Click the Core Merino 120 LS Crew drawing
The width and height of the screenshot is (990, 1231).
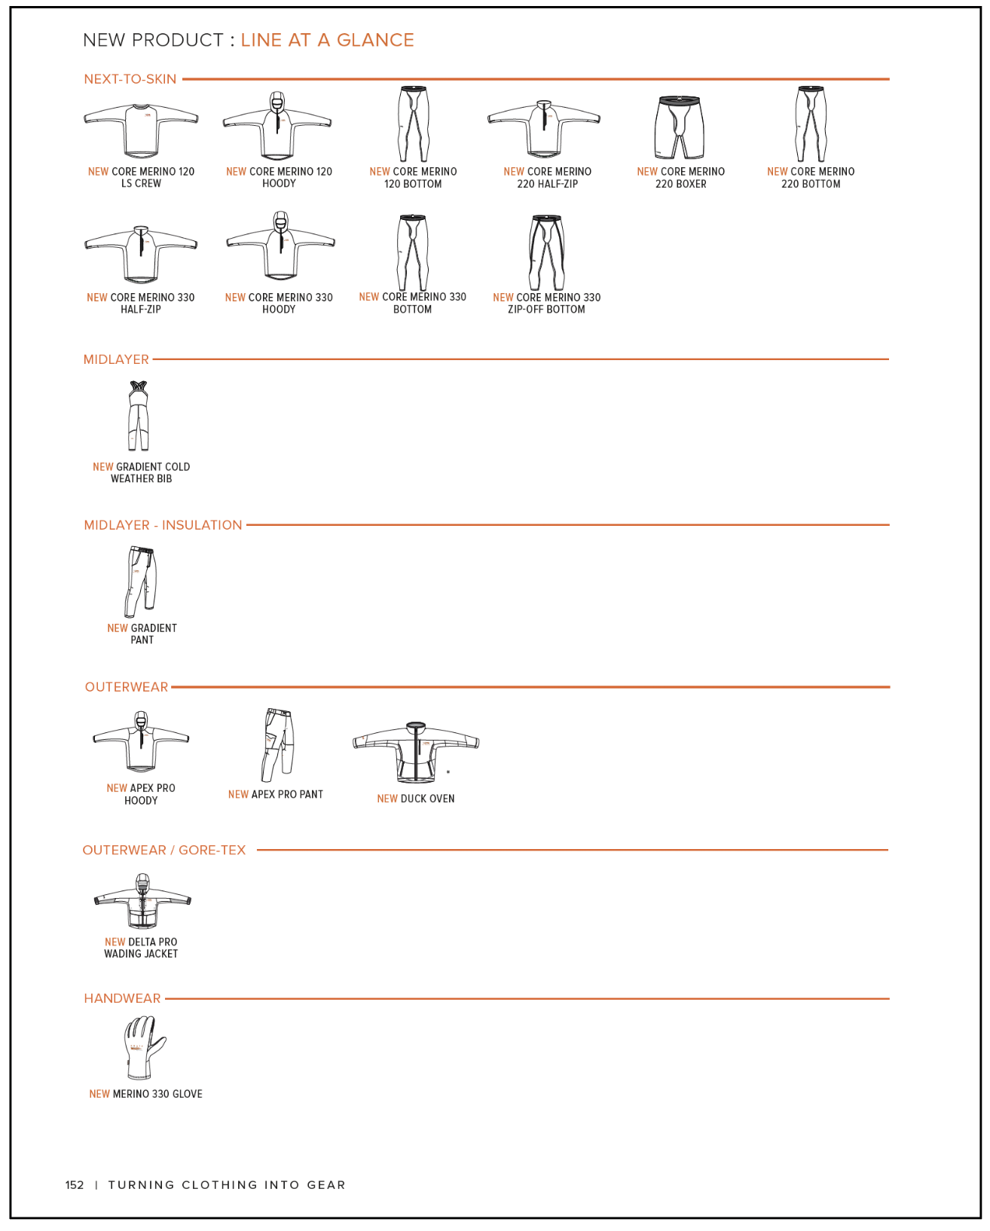(141, 130)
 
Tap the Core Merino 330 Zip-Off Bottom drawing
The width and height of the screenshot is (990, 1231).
(546, 252)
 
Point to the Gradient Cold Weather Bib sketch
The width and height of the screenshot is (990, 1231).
(138, 416)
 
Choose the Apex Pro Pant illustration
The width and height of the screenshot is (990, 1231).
(277, 744)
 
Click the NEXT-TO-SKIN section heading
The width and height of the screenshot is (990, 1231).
(130, 79)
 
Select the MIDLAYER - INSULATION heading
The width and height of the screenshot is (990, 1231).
(163, 525)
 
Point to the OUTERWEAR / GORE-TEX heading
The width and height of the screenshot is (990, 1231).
(164, 850)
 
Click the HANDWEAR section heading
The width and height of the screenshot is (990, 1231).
(122, 998)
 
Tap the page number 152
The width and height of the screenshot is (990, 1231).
(75, 1185)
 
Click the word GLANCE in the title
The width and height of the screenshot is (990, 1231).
(375, 40)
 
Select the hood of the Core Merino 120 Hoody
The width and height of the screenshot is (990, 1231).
(277, 101)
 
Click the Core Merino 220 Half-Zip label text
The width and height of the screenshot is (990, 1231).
(548, 178)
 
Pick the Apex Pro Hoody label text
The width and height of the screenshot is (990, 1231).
(141, 794)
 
